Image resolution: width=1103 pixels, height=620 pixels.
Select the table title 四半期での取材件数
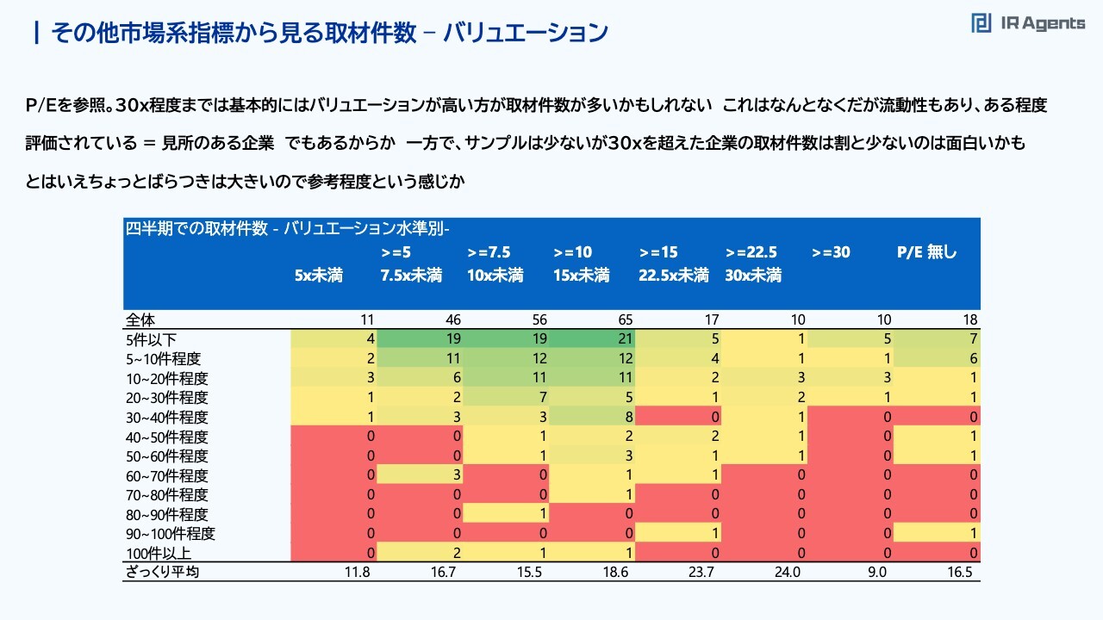pos(288,229)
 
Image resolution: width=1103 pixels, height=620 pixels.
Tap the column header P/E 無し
pos(927,252)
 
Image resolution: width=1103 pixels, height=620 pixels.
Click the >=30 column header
pos(831,252)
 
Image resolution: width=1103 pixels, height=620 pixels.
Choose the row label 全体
pos(140,320)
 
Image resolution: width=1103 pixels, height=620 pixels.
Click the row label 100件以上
pos(159,553)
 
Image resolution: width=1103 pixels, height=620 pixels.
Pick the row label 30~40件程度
pos(166,418)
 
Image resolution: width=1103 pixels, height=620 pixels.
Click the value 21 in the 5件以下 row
pos(625,340)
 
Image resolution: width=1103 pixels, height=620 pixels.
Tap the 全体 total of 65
pos(625,320)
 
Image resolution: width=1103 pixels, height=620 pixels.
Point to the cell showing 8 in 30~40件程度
pos(628,418)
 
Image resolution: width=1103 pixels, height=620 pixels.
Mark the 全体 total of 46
pos(452,320)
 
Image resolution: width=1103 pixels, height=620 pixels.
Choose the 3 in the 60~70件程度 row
pos(456,475)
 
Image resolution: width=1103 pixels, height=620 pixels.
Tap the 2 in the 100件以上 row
pos(456,553)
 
